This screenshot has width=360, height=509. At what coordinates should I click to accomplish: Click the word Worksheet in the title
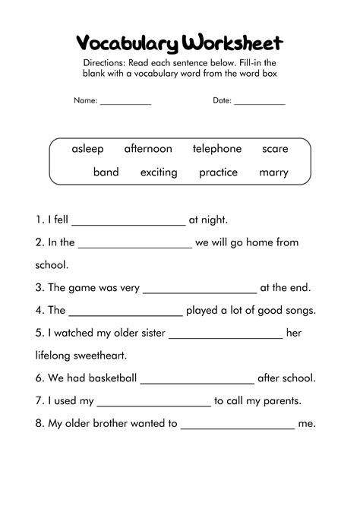tap(237, 43)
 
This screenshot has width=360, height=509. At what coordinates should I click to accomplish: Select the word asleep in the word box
tap(87, 149)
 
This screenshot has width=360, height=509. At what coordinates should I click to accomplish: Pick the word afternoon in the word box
tap(148, 149)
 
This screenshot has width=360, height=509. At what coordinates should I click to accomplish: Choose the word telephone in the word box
tap(216, 149)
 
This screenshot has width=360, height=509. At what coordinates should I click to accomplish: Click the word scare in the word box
tap(275, 149)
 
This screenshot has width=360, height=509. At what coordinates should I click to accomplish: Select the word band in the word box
tap(106, 172)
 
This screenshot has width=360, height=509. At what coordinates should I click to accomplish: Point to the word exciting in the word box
tap(159, 172)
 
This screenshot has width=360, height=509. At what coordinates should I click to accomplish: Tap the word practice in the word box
tap(218, 172)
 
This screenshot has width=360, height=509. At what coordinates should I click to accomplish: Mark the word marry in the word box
tap(273, 172)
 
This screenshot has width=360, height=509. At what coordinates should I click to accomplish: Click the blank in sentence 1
tap(128, 222)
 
